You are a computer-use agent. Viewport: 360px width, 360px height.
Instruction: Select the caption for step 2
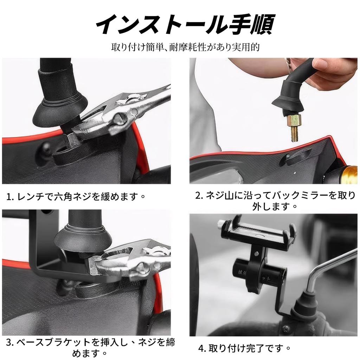click(275, 200)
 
